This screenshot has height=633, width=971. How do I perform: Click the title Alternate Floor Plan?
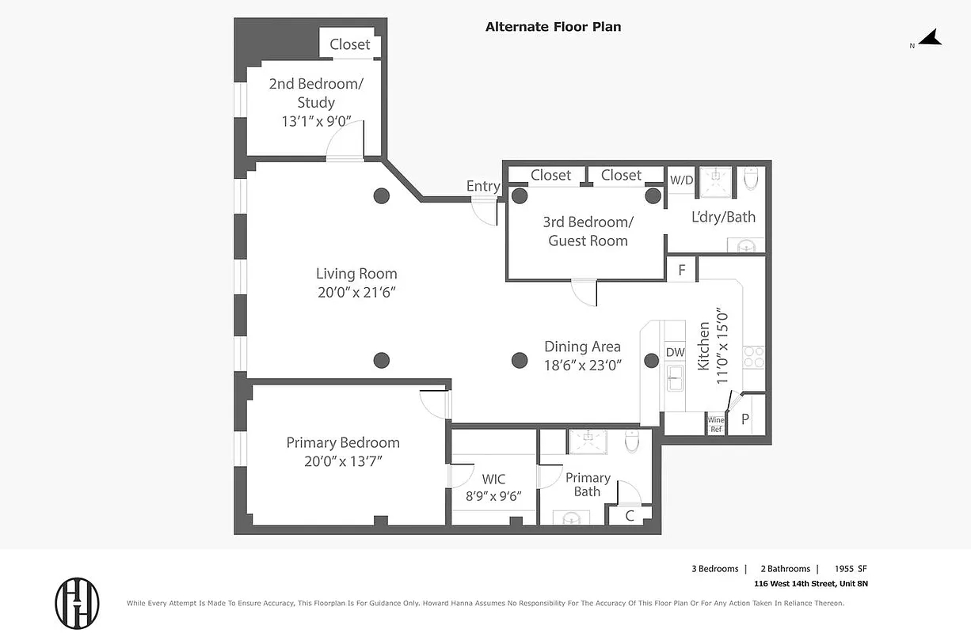pos(553,27)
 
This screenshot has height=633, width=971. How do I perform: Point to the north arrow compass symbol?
pos(929,39)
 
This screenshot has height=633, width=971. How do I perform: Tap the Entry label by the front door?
pos(482,186)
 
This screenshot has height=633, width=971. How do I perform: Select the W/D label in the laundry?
pos(681,180)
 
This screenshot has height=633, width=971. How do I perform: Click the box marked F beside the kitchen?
pos(681,270)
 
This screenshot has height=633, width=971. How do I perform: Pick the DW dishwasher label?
pos(675,352)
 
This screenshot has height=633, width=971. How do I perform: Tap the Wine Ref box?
pos(716,424)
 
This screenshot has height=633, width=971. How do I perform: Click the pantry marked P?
pos(744,419)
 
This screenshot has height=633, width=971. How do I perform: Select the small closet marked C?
pos(630,516)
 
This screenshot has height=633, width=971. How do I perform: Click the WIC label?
pos(493,479)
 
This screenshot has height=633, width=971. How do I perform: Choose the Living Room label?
pos(356,274)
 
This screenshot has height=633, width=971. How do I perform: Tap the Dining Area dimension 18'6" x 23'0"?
pos(582,366)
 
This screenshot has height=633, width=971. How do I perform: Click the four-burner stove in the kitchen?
pos(753,358)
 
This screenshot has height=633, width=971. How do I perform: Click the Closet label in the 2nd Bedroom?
pos(349,44)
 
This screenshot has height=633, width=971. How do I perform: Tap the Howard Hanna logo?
pos(77,603)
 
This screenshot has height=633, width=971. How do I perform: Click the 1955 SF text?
pos(851,569)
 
